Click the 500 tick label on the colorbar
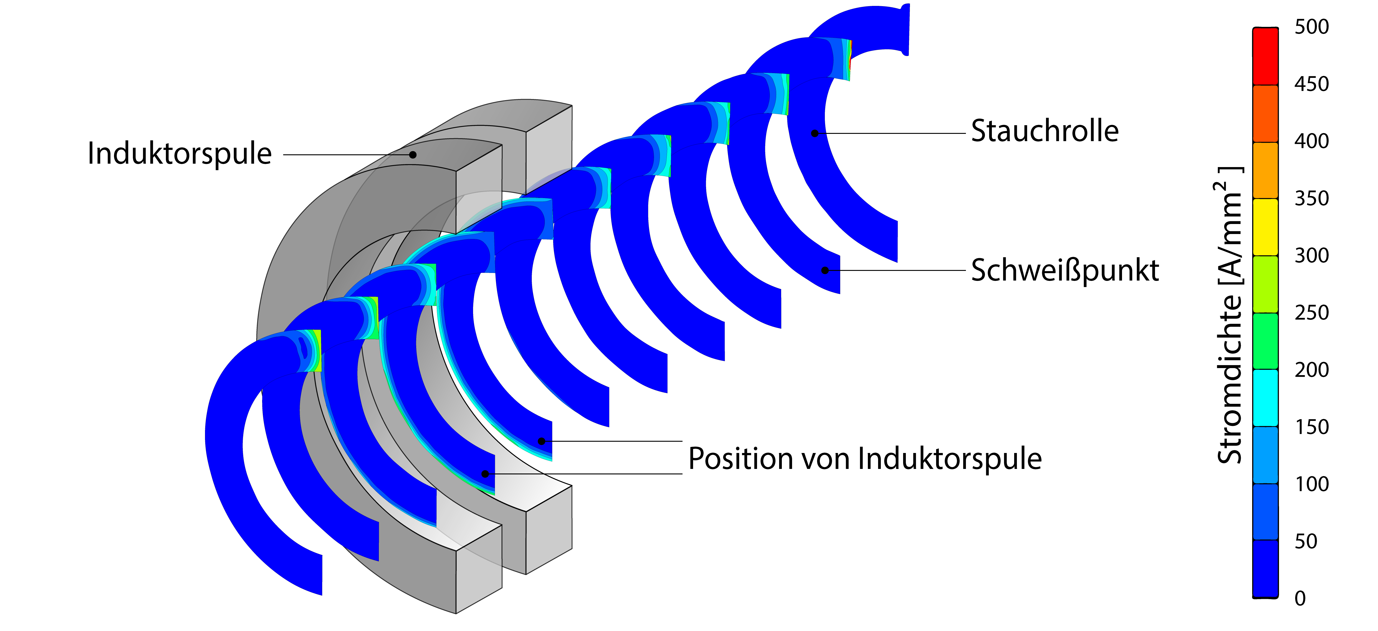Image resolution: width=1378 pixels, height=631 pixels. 1312,27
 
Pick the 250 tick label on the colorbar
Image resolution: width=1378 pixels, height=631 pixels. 1312,313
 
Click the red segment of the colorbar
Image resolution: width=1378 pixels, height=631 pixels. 1265,56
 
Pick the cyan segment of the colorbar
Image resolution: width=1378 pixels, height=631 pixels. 1265,398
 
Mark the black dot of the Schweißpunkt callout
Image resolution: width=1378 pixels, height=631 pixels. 825,270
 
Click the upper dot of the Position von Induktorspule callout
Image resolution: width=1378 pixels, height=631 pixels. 541,441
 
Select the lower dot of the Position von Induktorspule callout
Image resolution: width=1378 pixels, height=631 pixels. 485,474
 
